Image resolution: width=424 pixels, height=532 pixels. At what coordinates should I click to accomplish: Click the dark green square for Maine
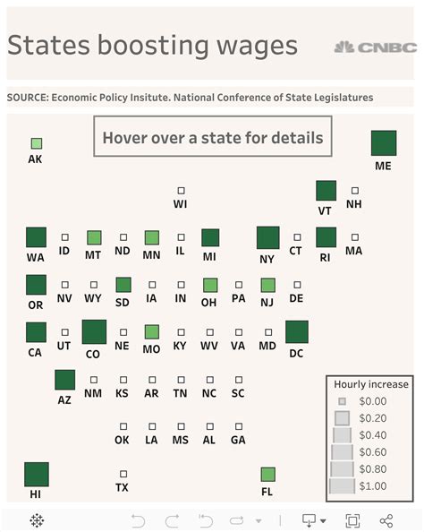pos(384,142)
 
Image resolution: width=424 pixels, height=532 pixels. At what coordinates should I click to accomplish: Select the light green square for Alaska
pos(36,143)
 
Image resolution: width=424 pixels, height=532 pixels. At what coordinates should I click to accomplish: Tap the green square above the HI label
pos(36,474)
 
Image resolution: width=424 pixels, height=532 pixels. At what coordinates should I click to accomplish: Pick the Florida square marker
pos(267,474)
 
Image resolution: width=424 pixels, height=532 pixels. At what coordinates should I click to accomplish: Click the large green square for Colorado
pos(94,331)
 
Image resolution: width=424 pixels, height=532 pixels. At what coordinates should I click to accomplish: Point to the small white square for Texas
pos(123,474)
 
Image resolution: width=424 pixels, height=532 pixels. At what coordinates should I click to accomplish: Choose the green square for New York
pos(267,237)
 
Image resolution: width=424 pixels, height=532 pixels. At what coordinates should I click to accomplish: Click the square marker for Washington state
pos(36,237)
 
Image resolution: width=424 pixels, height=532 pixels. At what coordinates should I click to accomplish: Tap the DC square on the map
pos(297,331)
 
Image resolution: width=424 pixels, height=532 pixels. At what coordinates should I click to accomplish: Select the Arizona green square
pos(64,380)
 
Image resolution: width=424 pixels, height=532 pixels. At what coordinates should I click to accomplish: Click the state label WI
pos(181,204)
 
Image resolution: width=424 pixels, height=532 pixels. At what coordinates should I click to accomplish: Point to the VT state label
pos(326,210)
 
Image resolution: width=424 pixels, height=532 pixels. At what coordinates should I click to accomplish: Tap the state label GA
pos(238,440)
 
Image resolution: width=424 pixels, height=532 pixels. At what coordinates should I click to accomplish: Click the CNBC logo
pos(376,46)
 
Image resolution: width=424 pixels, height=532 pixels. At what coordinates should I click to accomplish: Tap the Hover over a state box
pos(212,139)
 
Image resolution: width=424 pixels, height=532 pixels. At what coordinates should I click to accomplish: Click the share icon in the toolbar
pos(386,520)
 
